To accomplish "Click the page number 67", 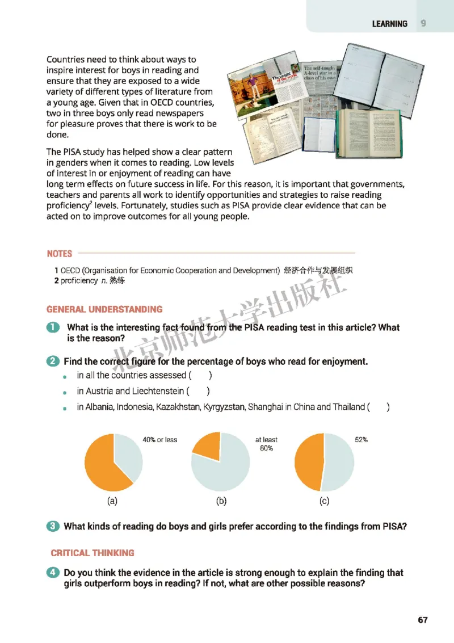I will [x=422, y=620].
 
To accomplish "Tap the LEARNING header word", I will [x=389, y=24].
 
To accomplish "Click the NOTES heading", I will [x=60, y=254].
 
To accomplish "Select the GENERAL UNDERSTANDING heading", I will [x=104, y=309].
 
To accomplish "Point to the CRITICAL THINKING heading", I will [x=93, y=553].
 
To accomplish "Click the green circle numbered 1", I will [x=53, y=328].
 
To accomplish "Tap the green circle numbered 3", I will [x=53, y=526].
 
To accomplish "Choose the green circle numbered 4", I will [x=53, y=573].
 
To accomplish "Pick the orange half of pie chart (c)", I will [x=309, y=462].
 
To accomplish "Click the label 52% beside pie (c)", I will [x=361, y=440].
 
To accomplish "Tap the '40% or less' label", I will [x=159, y=440].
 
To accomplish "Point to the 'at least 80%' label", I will [x=266, y=444].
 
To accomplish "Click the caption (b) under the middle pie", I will [x=221, y=501].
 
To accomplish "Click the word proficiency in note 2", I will [x=79, y=281].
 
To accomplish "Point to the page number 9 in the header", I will [x=423, y=23].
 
